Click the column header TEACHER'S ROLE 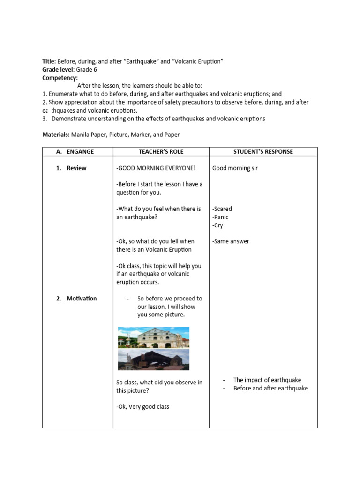pos(161,151)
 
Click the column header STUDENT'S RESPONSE pos(263,151)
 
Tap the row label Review pos(76,168)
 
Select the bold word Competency pos(60,78)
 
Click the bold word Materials pos(56,135)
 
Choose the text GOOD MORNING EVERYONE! pos(156,168)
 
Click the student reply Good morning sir pos(235,168)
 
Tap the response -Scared pos(222,209)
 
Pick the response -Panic pos(220,217)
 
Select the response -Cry pos(217,225)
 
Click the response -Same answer pos(231,241)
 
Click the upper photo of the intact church pos(153,337)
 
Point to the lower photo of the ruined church pos(153,360)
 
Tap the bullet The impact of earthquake pos(267,380)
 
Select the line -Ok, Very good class pos(143,407)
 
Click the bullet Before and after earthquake pos(270,388)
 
